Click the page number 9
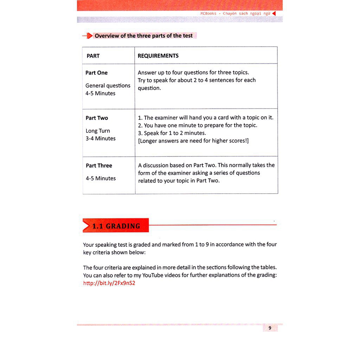click(270, 328)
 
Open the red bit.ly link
click(109, 283)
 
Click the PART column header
click(93, 56)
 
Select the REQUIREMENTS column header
click(158, 56)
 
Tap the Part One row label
click(96, 73)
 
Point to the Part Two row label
click(97, 118)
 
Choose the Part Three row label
click(99, 166)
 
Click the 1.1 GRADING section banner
click(116, 226)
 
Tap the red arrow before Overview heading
click(87, 36)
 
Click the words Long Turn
click(98, 131)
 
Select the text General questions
click(108, 85)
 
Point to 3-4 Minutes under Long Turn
click(101, 139)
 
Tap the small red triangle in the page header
click(274, 13)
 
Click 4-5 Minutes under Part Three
click(101, 178)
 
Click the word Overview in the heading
click(107, 36)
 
